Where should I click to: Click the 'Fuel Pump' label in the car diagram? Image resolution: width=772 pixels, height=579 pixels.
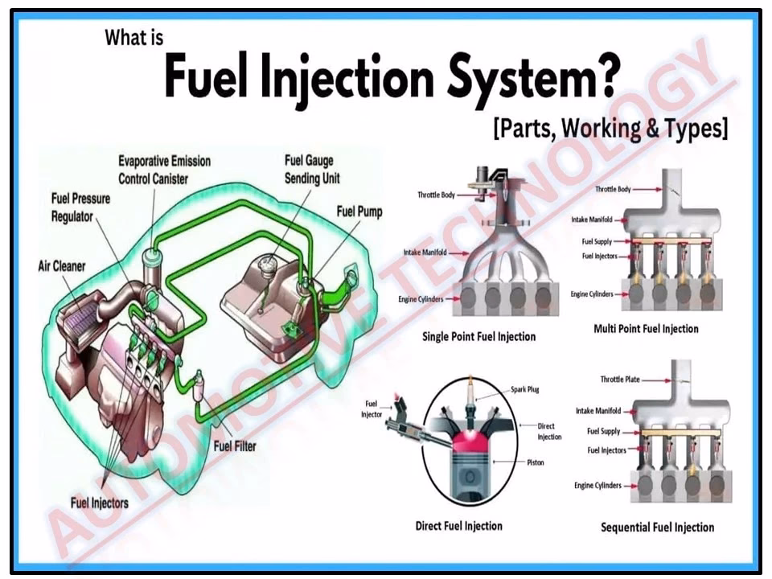tap(359, 212)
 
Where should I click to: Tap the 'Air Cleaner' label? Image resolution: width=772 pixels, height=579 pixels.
tap(62, 265)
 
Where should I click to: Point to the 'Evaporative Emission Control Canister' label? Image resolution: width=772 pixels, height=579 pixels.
tap(164, 169)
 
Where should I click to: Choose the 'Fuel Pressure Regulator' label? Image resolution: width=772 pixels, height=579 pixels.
tap(80, 207)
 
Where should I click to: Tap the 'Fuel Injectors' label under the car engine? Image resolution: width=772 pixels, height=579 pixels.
tap(100, 503)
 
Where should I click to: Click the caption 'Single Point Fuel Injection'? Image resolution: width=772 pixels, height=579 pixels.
tap(478, 336)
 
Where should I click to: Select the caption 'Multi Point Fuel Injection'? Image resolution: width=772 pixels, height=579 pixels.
tap(646, 328)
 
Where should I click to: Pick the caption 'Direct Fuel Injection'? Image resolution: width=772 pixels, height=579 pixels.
tap(458, 526)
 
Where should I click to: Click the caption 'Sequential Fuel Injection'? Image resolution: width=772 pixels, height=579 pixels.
tap(657, 528)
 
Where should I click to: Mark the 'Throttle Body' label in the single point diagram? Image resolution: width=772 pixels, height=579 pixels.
tap(436, 195)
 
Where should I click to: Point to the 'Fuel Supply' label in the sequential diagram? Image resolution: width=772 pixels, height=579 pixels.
tap(604, 432)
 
